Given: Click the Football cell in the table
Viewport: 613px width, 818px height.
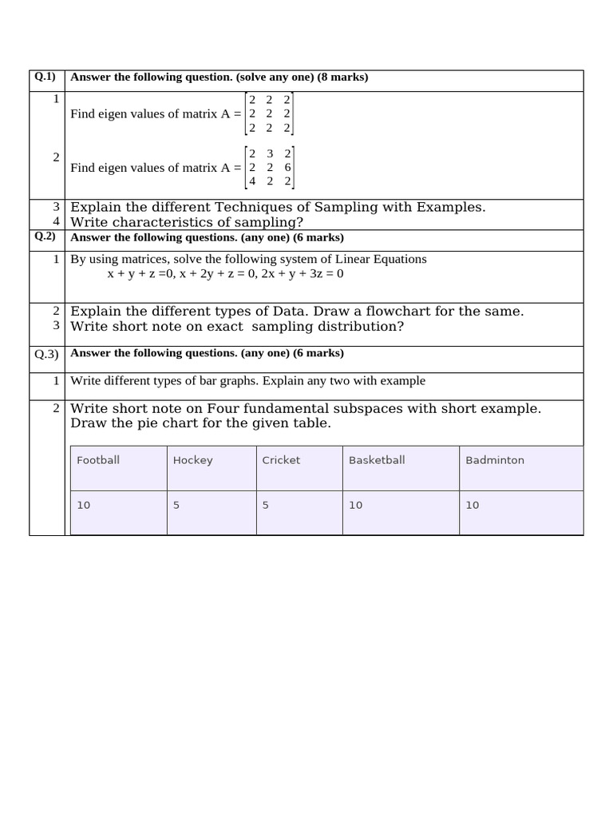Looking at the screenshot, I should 98,460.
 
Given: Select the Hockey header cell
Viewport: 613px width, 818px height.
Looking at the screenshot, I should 192,460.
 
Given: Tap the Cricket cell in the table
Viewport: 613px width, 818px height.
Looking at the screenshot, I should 281,460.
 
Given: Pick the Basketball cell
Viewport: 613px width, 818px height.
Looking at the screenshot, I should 377,460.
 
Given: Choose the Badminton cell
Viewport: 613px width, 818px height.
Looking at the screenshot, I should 495,460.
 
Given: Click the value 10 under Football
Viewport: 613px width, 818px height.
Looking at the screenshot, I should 84,505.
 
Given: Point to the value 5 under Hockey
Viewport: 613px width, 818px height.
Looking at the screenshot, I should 176,505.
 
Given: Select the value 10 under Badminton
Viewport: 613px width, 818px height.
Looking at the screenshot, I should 473,505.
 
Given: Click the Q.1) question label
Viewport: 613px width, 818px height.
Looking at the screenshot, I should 45,77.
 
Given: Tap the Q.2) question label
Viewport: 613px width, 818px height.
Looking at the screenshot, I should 45,237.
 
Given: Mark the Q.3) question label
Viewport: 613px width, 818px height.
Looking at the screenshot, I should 45,354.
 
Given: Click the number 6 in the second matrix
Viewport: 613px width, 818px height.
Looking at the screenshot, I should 287,168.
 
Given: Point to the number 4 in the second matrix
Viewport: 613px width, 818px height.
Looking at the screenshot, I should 252,181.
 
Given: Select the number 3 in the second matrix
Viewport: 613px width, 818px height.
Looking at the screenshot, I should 270,153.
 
